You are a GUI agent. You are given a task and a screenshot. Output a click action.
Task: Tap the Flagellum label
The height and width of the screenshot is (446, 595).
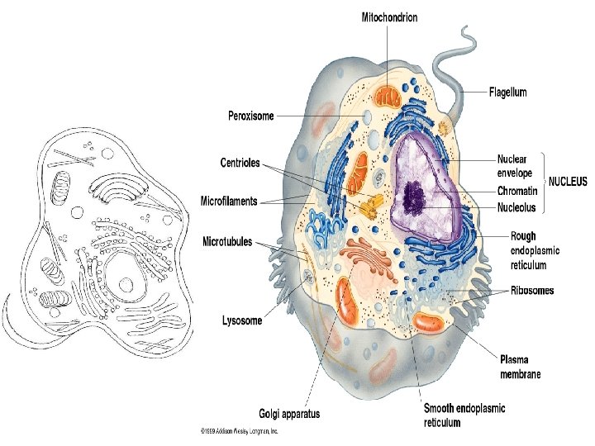click(x=507, y=93)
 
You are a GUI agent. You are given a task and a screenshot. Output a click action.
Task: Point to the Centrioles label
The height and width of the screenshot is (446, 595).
click(x=240, y=163)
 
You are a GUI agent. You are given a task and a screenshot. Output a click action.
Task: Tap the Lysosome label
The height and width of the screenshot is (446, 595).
click(x=244, y=320)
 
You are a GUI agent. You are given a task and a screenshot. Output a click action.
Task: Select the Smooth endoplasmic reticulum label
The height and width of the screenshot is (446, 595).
click(x=464, y=415)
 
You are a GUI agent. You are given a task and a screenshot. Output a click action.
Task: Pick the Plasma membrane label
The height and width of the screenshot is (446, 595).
click(x=521, y=366)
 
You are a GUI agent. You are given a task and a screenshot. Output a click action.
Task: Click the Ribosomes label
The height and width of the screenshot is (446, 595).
click(x=531, y=291)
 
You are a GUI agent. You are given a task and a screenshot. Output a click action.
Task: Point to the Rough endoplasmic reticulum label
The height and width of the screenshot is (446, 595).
click(x=535, y=250)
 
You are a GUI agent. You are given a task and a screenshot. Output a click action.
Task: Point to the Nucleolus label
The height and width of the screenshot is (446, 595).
click(x=517, y=207)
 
